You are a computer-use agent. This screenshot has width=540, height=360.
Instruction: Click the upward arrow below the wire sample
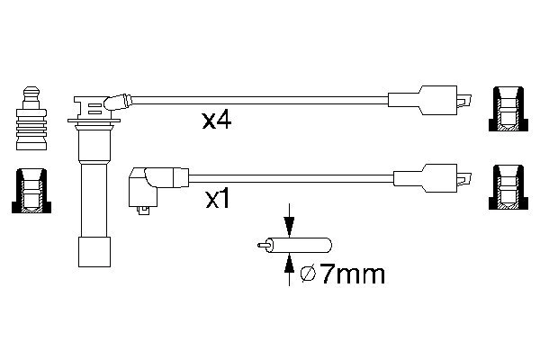[288, 264]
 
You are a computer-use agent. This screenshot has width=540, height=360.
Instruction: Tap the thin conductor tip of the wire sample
[263, 244]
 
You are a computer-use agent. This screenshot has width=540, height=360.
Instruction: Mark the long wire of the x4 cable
[261, 98]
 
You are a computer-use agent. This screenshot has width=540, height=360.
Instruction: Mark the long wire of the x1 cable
[288, 175]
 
